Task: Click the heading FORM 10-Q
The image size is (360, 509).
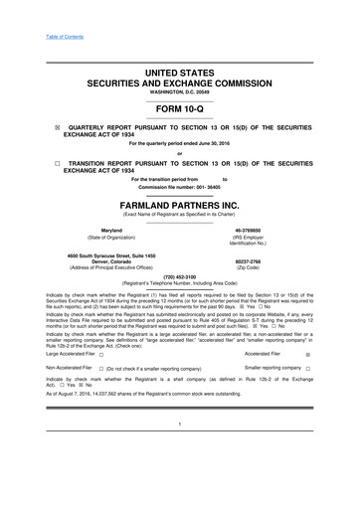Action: [x=180, y=110]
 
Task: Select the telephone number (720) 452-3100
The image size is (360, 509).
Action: [x=180, y=277]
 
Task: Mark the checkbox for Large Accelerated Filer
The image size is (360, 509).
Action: [x=101, y=353]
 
